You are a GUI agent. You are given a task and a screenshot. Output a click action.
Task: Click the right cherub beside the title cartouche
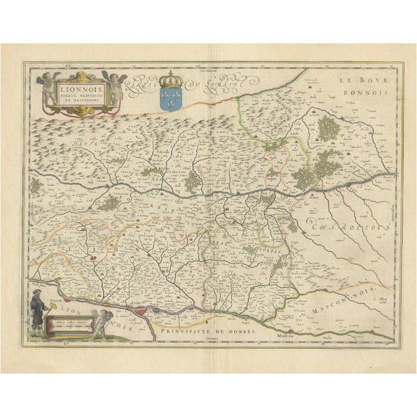(x=114, y=87)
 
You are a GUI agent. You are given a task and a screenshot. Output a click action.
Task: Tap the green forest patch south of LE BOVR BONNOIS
(x=328, y=128)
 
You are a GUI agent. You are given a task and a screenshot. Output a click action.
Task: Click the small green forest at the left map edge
(x=35, y=186)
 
